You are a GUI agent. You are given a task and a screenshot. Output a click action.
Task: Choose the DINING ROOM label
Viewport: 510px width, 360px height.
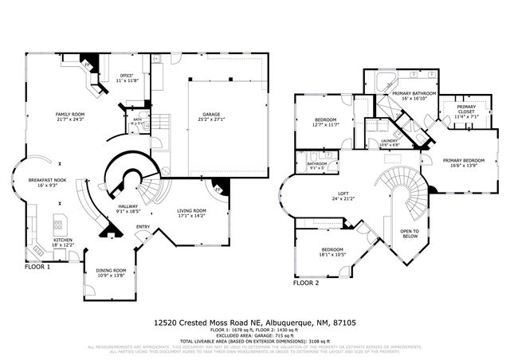111,272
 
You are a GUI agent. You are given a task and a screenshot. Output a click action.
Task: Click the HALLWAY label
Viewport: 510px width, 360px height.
128,208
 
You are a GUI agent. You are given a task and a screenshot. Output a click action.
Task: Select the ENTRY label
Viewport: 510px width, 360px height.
143,226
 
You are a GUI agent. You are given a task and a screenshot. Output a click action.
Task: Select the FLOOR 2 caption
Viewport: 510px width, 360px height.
306,283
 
